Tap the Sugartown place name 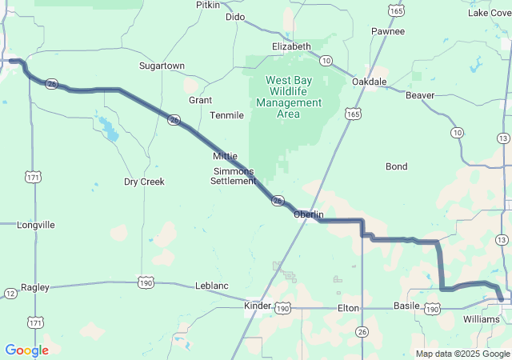162,66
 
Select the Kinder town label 258,306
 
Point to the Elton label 348,307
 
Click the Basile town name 408,307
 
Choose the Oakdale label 369,82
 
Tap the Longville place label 36,225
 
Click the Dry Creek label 144,182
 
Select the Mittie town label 225,156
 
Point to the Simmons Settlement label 233,176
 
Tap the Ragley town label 35,287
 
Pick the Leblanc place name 212,286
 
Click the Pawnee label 388,31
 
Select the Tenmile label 226,115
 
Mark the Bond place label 396,166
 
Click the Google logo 26,350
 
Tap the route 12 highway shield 10,294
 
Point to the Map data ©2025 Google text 462,354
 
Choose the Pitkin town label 208,5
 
